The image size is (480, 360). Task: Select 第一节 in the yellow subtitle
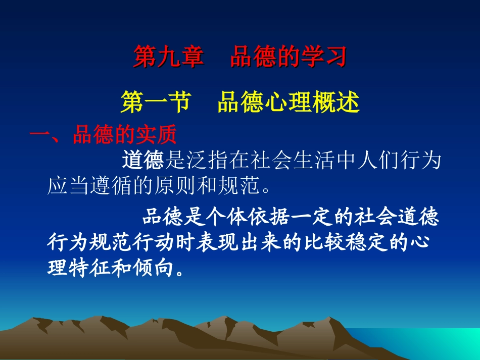[x=156, y=102]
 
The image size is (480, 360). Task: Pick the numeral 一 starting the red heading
[x=39, y=136]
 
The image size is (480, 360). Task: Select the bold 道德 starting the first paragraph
[x=143, y=161]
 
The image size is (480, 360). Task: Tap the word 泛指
[x=206, y=161]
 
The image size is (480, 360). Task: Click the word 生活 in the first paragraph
[x=311, y=161]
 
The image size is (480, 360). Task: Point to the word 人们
[x=374, y=161]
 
